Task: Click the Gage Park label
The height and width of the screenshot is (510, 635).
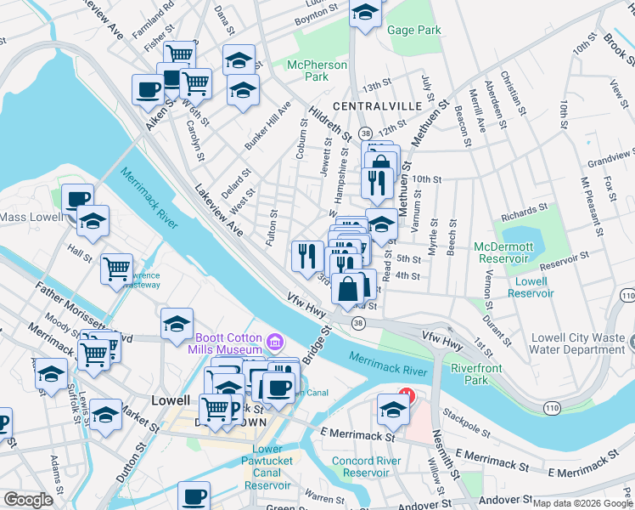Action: [x=413, y=31]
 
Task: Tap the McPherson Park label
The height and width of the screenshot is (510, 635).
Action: [x=317, y=71]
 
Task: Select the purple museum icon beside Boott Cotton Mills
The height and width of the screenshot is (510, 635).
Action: [x=274, y=343]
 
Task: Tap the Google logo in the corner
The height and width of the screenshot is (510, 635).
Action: [x=28, y=500]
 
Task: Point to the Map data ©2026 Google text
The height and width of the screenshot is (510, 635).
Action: [x=582, y=503]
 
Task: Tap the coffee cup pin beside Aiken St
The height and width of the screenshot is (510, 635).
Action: [x=148, y=89]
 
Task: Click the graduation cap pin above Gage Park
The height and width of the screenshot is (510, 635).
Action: [x=365, y=14]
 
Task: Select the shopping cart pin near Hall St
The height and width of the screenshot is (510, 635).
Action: [x=117, y=268]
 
